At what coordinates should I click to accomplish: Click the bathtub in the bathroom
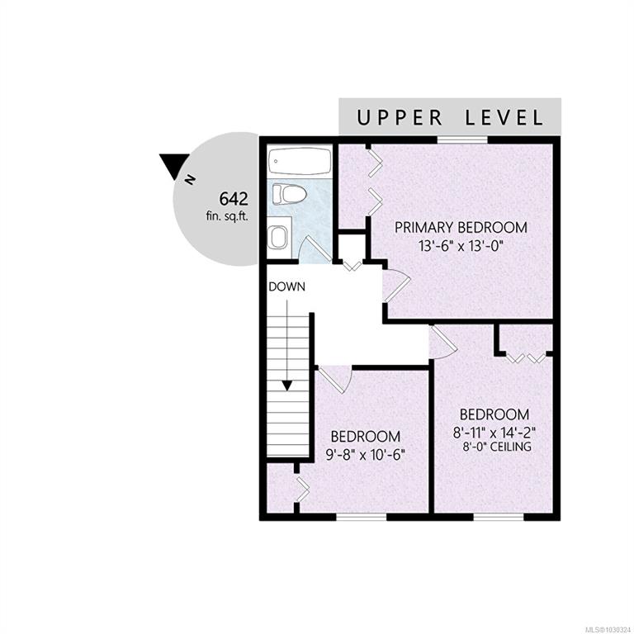tap(300, 161)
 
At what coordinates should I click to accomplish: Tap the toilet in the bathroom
tap(290, 194)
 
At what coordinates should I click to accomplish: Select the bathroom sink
tap(278, 237)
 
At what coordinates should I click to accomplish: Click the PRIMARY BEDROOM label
tap(461, 227)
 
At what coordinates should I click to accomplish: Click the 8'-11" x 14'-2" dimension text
tap(494, 433)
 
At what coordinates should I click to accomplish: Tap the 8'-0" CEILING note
tap(496, 447)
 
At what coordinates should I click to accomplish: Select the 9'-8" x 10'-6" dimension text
tap(365, 455)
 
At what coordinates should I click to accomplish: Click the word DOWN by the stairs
tap(287, 286)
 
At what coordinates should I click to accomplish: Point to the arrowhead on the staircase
tap(287, 386)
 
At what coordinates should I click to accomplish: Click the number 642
tap(234, 199)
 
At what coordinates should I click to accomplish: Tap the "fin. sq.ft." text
tap(227, 216)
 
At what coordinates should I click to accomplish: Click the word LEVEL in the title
tap(504, 118)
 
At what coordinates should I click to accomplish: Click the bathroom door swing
tap(315, 249)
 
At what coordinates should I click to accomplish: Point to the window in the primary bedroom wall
tap(462, 140)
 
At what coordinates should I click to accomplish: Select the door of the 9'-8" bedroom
tap(335, 378)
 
